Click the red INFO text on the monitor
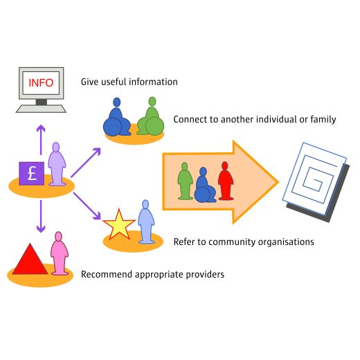tap(41, 82)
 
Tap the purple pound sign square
tap(32, 174)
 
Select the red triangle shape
tap(30, 259)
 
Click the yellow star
tap(119, 225)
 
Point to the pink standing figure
tap(60, 253)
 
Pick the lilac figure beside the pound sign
tap(57, 164)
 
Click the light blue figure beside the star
tap(146, 222)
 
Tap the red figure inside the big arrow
tap(226, 181)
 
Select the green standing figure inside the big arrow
tap(185, 181)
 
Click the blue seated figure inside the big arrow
tap(204, 185)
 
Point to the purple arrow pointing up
tap(41, 140)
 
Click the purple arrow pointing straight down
tap(41, 216)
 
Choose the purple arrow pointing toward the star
tap(87, 206)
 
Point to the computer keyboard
tap(41, 109)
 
